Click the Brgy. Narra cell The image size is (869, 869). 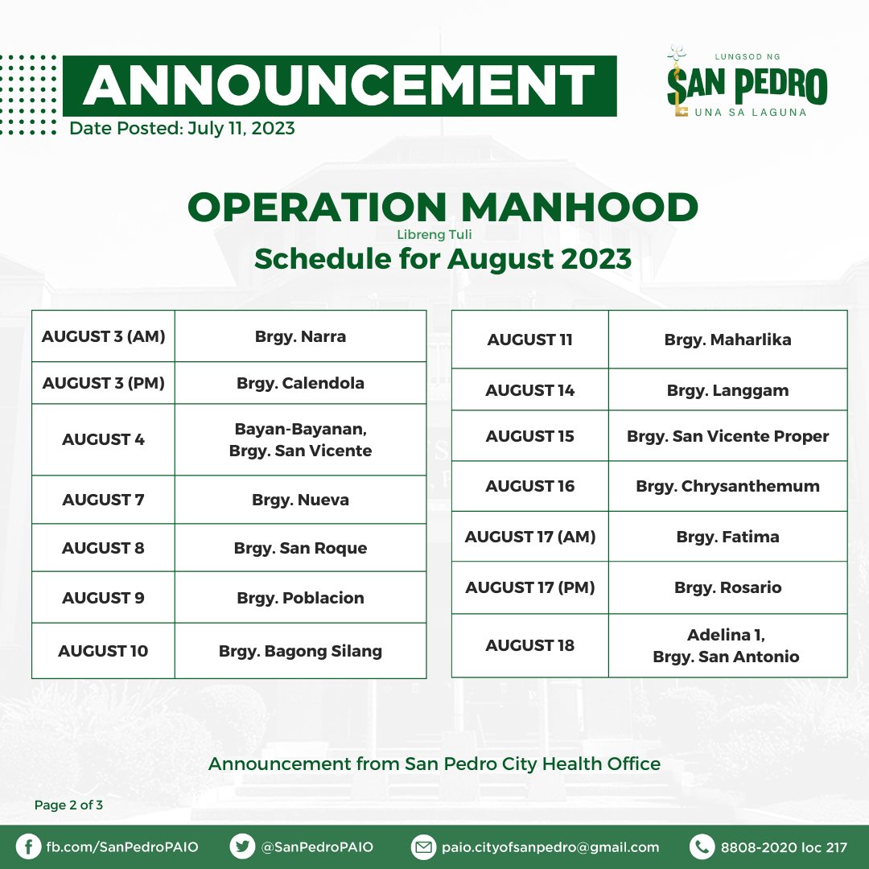pyautogui.click(x=300, y=336)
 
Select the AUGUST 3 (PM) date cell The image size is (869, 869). pyautogui.click(x=104, y=383)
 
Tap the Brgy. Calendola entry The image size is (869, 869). pyautogui.click(x=300, y=383)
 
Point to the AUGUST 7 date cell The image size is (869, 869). pyautogui.click(x=104, y=500)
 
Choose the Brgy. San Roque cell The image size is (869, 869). pyautogui.click(x=300, y=548)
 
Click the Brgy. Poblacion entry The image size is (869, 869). pyautogui.click(x=300, y=597)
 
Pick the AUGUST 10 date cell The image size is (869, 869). pyautogui.click(x=104, y=651)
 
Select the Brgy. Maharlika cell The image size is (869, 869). pyautogui.click(x=727, y=340)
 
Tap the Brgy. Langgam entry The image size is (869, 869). pyautogui.click(x=727, y=390)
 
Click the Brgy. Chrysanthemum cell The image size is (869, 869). pyautogui.click(x=727, y=486)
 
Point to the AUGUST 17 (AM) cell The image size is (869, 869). pyautogui.click(x=530, y=537)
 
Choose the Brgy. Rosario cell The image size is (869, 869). pyautogui.click(x=727, y=587)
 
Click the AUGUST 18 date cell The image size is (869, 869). pyautogui.click(x=530, y=645)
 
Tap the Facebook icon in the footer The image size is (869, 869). pyautogui.click(x=28, y=846)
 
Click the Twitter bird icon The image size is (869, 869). pyautogui.click(x=242, y=846)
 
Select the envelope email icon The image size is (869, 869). pyautogui.click(x=423, y=846)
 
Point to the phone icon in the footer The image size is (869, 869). pyautogui.click(x=702, y=846)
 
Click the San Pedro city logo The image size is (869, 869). pyautogui.click(x=747, y=82)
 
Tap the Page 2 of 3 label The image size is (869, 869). pyautogui.click(x=68, y=805)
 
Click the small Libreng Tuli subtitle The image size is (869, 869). pyautogui.click(x=434, y=234)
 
